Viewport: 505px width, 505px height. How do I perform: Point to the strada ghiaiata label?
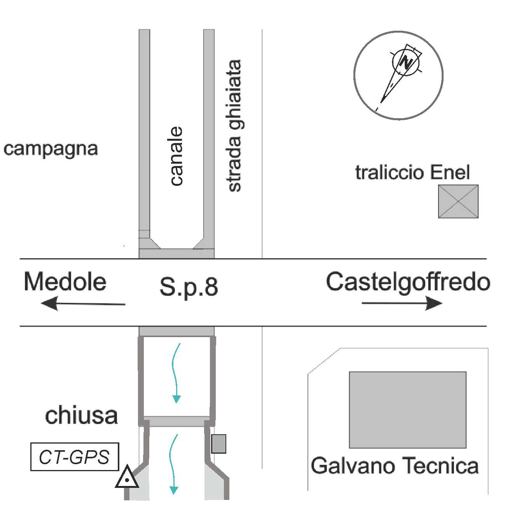click(234, 126)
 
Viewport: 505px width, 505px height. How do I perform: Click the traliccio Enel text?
click(412, 173)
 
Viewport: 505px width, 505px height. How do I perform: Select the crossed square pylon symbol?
click(458, 201)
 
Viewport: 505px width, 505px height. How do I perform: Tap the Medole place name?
click(65, 282)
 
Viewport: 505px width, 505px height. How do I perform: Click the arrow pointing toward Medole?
click(83, 303)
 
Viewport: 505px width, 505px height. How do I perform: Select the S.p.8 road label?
click(189, 287)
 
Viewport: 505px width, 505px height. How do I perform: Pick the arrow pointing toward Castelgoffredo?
click(402, 303)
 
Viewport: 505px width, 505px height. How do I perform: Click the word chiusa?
click(81, 416)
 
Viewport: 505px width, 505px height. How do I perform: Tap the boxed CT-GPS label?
click(74, 457)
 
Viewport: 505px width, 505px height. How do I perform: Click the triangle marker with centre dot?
click(127, 478)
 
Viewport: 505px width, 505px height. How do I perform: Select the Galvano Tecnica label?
click(395, 466)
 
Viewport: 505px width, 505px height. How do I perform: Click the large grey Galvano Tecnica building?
click(407, 409)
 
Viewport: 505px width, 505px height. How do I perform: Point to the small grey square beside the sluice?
click(218, 444)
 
